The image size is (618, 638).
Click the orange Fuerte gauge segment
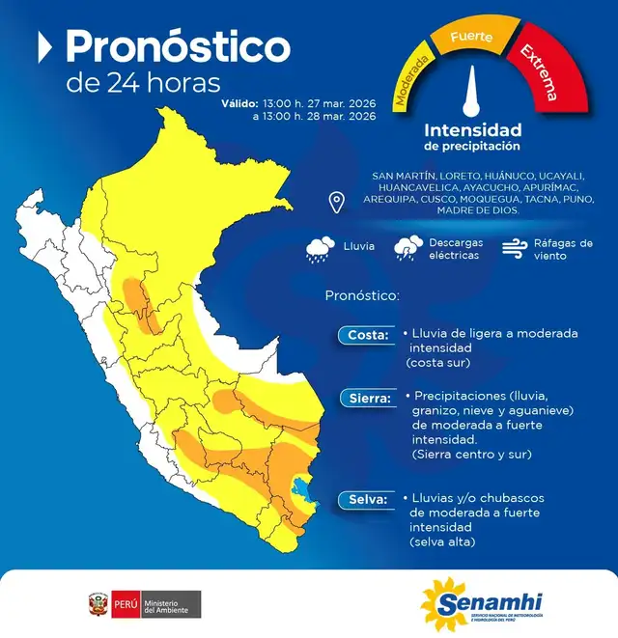pos(472,38)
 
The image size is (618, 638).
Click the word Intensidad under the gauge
pos(472,129)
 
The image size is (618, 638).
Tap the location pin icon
pos(337,202)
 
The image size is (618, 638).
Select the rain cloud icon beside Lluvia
pos(320,249)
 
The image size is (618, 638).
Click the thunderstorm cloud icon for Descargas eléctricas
pos(407,249)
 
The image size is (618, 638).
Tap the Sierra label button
pos(366,397)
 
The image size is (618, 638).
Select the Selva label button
pos(365,499)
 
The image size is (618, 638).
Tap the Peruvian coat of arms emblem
pos(98,605)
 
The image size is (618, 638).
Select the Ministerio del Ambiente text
pos(171,605)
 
